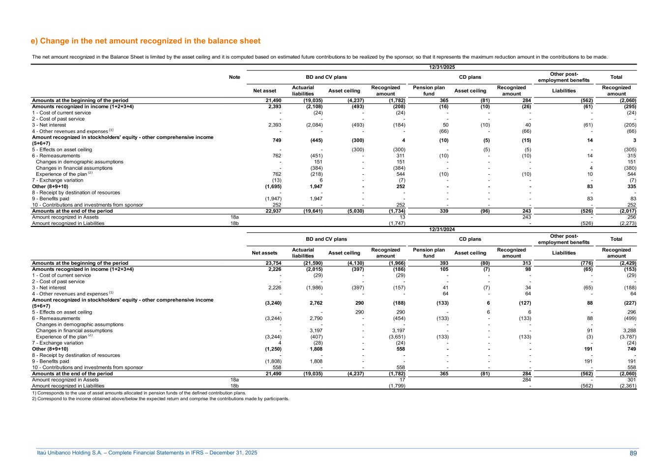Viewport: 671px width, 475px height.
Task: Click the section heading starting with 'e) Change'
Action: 146,41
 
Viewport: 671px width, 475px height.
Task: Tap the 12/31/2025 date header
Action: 441,67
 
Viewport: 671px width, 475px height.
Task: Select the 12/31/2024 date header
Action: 441,229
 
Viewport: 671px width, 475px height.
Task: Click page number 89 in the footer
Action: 633,453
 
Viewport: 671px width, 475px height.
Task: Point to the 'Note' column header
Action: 234,77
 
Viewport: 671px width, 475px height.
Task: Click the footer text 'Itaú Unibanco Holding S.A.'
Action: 147,453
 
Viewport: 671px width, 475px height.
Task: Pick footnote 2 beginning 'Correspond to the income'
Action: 160,399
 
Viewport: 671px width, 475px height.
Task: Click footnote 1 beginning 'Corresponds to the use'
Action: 139,393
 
